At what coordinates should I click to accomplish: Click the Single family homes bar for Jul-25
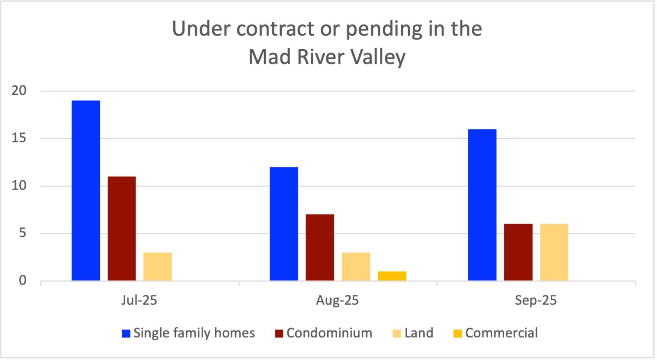coord(86,190)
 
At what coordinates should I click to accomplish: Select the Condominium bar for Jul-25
coord(122,229)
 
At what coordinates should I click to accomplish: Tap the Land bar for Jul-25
coord(157,266)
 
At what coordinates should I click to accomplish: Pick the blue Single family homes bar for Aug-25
coord(284,224)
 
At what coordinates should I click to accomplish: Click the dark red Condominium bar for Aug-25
coord(319,248)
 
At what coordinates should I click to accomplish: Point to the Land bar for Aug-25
coord(356,266)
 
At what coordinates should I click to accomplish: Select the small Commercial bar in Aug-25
coord(392,276)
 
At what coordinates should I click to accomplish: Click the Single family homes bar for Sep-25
coord(482,205)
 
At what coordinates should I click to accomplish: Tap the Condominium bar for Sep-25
coord(518,252)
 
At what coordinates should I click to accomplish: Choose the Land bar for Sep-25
coord(554,252)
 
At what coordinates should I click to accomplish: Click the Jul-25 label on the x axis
coord(139,300)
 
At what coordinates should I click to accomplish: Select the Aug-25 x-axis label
coord(338,300)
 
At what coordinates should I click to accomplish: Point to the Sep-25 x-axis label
coord(536,300)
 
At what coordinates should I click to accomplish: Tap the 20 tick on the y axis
coord(19,91)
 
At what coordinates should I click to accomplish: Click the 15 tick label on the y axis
coord(19,138)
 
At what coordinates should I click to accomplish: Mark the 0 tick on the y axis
coord(22,281)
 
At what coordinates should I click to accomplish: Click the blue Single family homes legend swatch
coord(126,333)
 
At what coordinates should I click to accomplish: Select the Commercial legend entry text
coord(501,332)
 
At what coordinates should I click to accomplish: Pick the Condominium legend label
coord(329,332)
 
